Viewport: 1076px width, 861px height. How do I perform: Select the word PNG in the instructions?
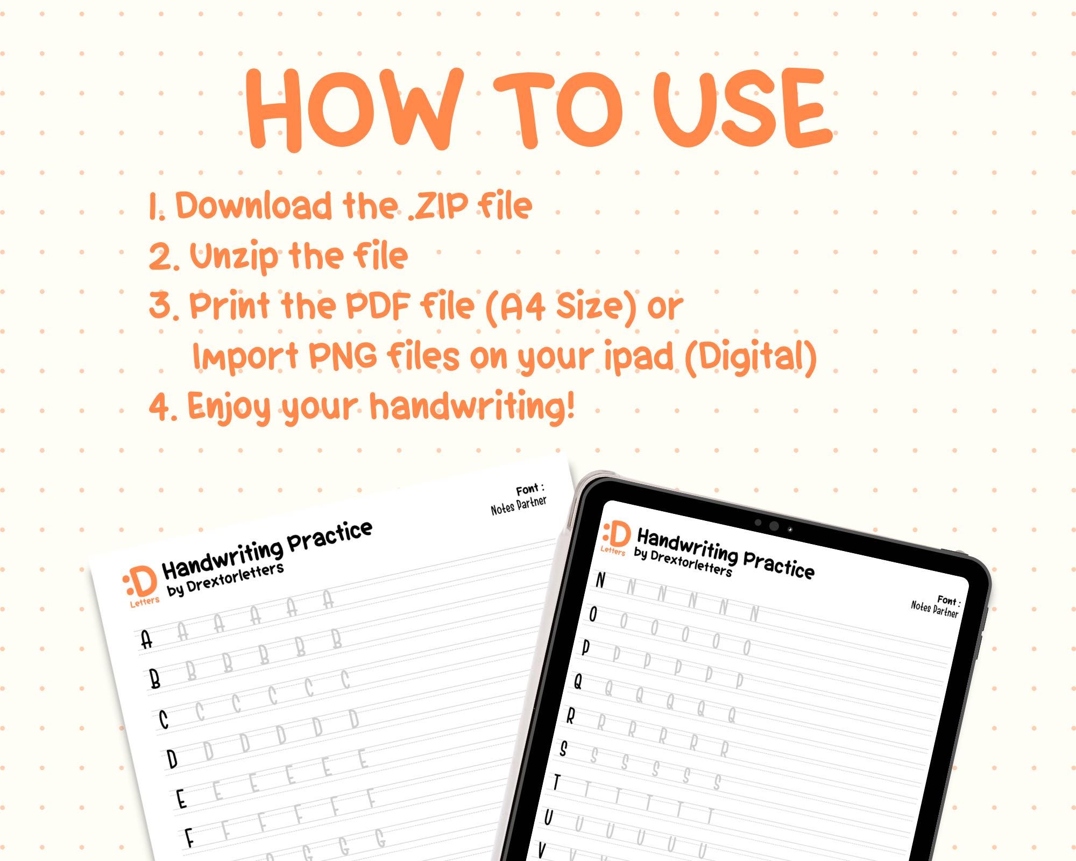tap(343, 356)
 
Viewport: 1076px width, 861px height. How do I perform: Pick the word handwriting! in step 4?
tap(473, 406)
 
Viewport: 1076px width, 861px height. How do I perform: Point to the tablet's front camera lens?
tap(774, 526)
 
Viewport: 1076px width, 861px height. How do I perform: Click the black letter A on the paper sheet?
tap(146, 640)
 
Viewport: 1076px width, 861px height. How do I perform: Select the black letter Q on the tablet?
tap(578, 682)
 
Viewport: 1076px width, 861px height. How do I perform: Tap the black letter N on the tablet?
tap(601, 581)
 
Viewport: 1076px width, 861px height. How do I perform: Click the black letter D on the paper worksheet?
tap(172, 760)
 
